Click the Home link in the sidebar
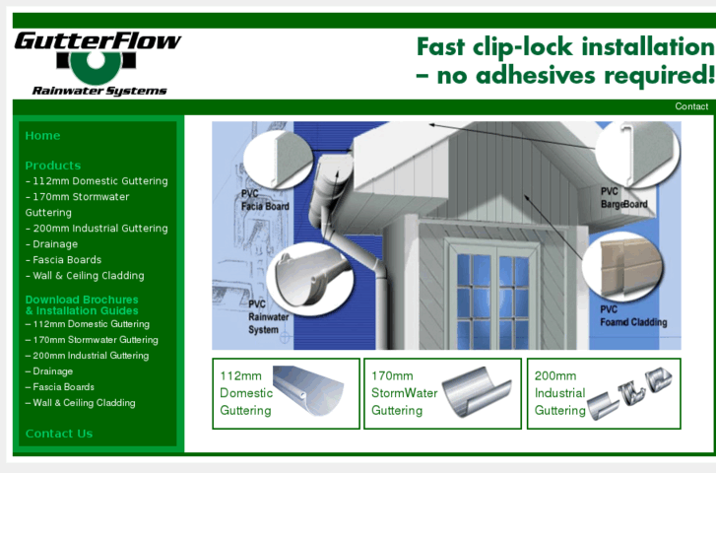(x=42, y=136)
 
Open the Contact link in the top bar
(x=691, y=106)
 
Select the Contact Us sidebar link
(x=59, y=434)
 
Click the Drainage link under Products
(x=54, y=244)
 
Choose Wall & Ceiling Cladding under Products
(x=88, y=276)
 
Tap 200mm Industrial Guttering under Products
(x=99, y=229)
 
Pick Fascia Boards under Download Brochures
(x=63, y=387)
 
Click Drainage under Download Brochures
(x=52, y=371)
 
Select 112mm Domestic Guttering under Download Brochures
(x=91, y=324)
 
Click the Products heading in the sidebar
(x=53, y=166)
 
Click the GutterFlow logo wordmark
(x=98, y=41)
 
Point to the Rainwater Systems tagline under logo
(x=99, y=91)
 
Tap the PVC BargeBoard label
(x=623, y=198)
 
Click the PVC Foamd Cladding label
(x=633, y=315)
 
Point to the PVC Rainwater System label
(x=269, y=317)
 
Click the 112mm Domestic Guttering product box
(x=286, y=393)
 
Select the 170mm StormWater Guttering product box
(x=442, y=393)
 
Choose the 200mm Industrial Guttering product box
(x=604, y=393)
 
